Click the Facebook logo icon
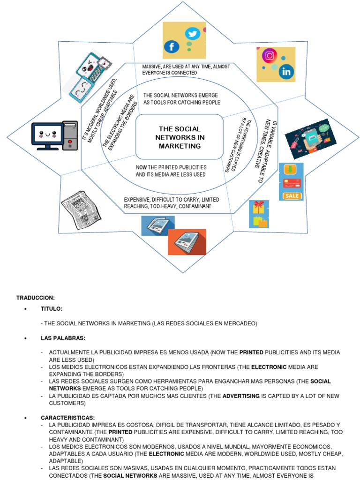(172, 47)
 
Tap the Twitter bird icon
(192, 34)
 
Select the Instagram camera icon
(270, 56)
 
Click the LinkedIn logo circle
(286, 72)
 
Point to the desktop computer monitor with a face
(47, 136)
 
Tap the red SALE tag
(292, 195)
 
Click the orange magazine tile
(187, 242)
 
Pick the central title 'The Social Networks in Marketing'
(180, 137)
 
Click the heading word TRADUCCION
(36, 298)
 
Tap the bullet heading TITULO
(52, 309)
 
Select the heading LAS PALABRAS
(63, 338)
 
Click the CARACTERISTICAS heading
(67, 418)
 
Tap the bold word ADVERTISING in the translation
(241, 396)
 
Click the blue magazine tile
(158, 225)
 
